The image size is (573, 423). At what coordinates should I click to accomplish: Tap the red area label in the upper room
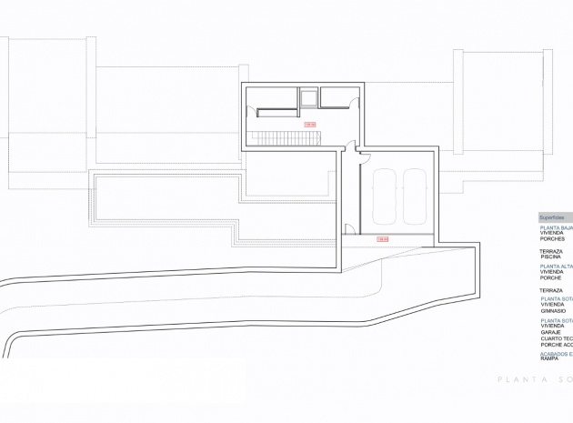pyautogui.click(x=309, y=124)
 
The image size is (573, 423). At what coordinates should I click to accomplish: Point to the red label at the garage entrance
pyautogui.click(x=383, y=239)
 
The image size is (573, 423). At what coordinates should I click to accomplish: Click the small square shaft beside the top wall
pyautogui.click(x=308, y=97)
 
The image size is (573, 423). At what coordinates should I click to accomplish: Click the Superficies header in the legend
pyautogui.click(x=553, y=218)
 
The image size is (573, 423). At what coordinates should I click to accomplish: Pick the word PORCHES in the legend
pyautogui.click(x=552, y=239)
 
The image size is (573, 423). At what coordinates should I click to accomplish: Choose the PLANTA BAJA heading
pyautogui.click(x=556, y=227)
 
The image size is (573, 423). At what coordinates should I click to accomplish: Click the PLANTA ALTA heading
pyautogui.click(x=556, y=266)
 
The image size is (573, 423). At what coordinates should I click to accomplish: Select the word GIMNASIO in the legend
pyautogui.click(x=553, y=310)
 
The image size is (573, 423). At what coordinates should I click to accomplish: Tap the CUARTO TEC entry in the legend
pyautogui.click(x=556, y=338)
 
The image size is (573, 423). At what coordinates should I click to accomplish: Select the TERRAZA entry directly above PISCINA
pyautogui.click(x=551, y=251)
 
